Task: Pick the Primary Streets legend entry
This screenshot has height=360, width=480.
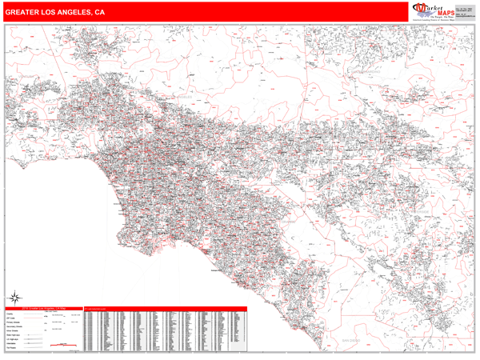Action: (12, 326)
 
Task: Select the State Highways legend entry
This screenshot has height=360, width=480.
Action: (13, 338)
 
